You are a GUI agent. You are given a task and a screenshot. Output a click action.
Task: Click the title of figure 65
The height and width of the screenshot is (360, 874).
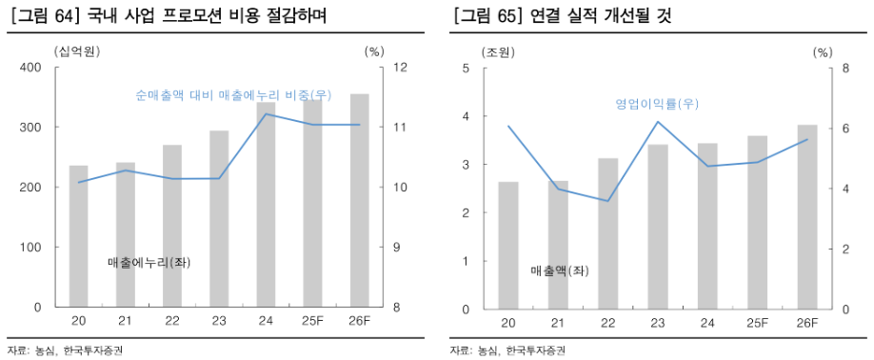point(563,16)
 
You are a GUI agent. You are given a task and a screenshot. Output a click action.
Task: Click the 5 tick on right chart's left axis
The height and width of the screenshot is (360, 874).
point(466,68)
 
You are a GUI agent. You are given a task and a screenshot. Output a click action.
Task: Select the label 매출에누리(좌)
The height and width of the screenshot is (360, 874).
point(149,262)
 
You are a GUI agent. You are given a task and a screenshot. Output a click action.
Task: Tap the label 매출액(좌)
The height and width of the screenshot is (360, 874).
point(560,270)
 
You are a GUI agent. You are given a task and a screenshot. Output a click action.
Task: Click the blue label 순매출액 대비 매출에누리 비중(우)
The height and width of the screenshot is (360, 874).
point(233,95)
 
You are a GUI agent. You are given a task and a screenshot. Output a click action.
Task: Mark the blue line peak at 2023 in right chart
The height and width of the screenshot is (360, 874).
point(657,122)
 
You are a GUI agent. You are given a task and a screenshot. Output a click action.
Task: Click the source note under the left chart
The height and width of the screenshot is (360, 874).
point(65,350)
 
